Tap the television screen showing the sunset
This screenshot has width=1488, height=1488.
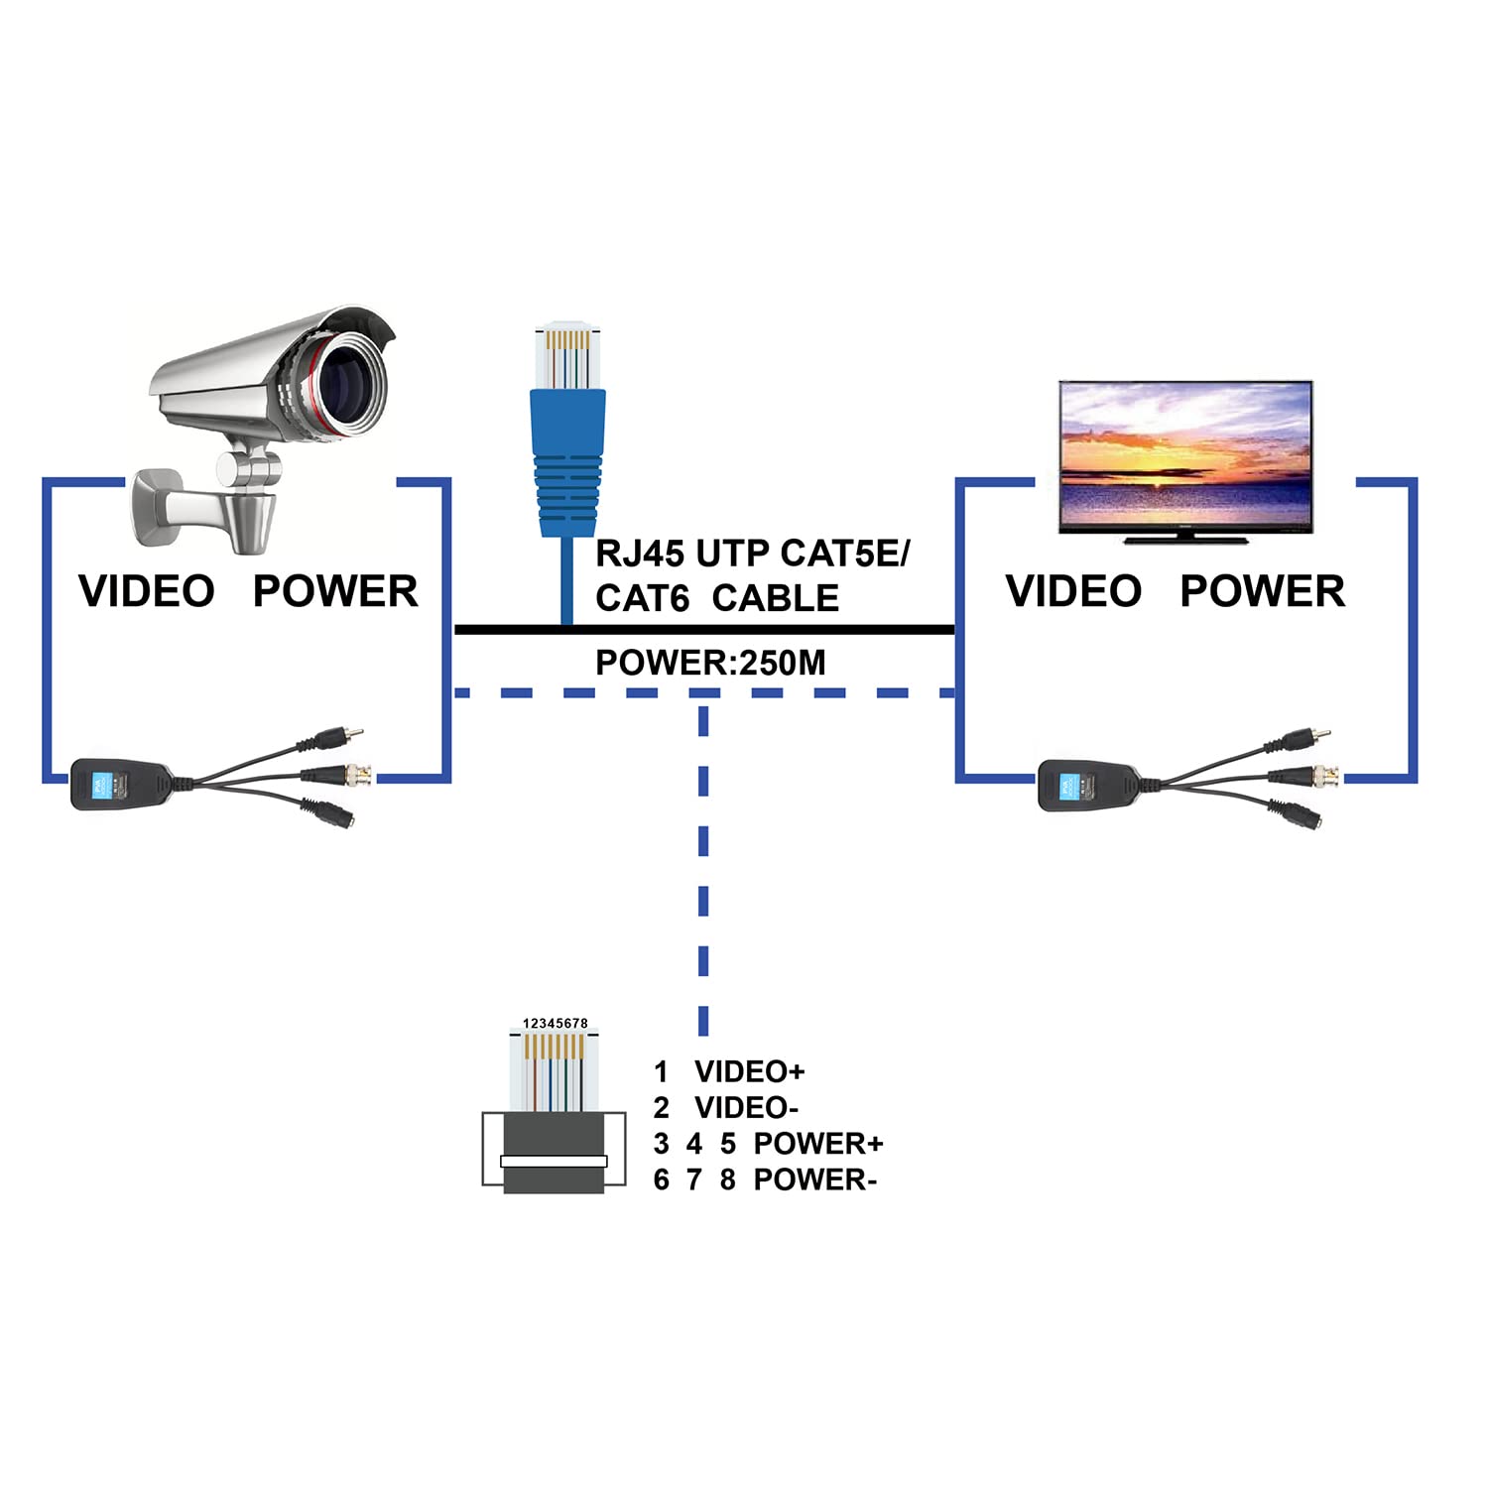(1186, 455)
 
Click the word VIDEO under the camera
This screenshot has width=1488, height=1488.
(147, 591)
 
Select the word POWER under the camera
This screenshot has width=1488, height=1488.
(335, 591)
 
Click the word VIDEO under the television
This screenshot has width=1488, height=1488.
(1074, 591)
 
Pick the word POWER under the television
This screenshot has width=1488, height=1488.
(1263, 591)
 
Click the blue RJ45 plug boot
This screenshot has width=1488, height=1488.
(567, 462)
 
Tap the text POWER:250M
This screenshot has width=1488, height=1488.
(710, 663)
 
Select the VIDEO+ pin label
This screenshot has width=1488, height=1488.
(750, 1072)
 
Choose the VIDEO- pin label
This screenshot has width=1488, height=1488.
(747, 1108)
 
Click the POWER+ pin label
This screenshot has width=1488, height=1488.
(818, 1144)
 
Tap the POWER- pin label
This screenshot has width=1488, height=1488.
(815, 1179)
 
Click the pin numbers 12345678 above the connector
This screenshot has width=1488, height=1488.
(556, 1023)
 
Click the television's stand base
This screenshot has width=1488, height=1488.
(1185, 540)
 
